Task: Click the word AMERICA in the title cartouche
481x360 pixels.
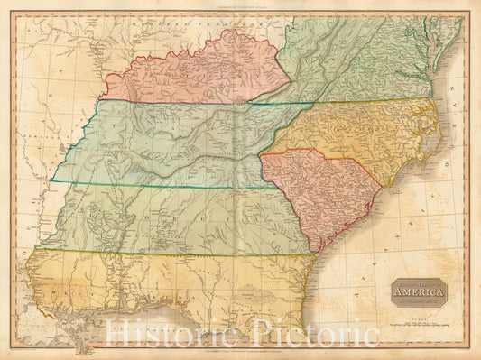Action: (418, 291)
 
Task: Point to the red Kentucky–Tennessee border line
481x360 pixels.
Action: (180, 102)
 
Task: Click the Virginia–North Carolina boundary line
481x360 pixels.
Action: (361, 100)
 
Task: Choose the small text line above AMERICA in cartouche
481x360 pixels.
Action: (418, 283)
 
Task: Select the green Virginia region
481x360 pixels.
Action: (361, 63)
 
